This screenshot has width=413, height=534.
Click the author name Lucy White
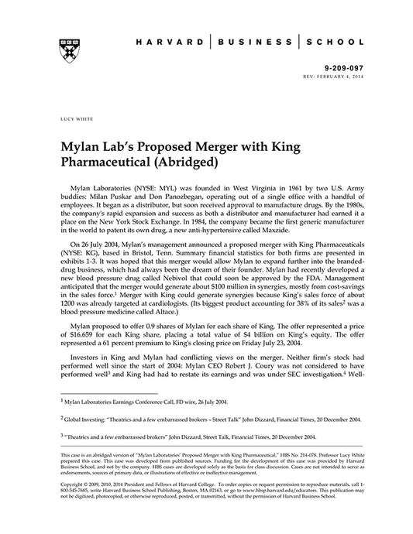pyautogui.click(x=73, y=121)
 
